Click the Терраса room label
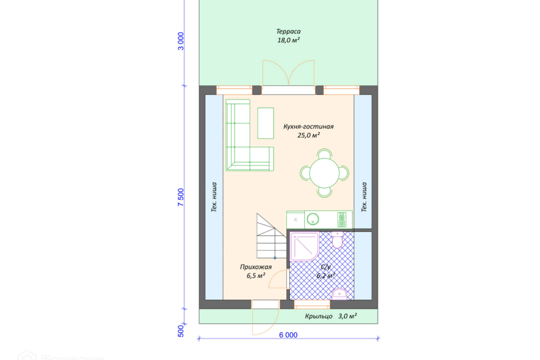pyautogui.click(x=288, y=31)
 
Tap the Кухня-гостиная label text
pyautogui.click(x=308, y=127)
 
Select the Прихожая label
pyautogui.click(x=255, y=267)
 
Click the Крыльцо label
pyautogui.click(x=318, y=316)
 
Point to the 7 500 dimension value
pyautogui.click(x=181, y=197)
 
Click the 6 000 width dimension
pyautogui.click(x=288, y=335)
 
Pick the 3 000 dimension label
pyautogui.click(x=181, y=41)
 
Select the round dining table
pyautogui.click(x=324, y=173)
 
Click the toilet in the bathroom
pyautogui.click(x=337, y=240)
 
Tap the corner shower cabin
pyautogui.click(x=304, y=246)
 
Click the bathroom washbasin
pyautogui.click(x=339, y=294)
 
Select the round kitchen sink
pyautogui.click(x=313, y=219)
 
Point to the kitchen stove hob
pyautogui.click(x=341, y=219)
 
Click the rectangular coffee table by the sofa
pyautogui.click(x=265, y=123)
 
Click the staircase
pyautogui.click(x=271, y=236)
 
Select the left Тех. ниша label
pyautogui.click(x=214, y=197)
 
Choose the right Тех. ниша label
pyautogui.click(x=364, y=197)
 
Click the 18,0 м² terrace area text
pyautogui.click(x=288, y=40)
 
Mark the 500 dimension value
pyautogui.click(x=181, y=331)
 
